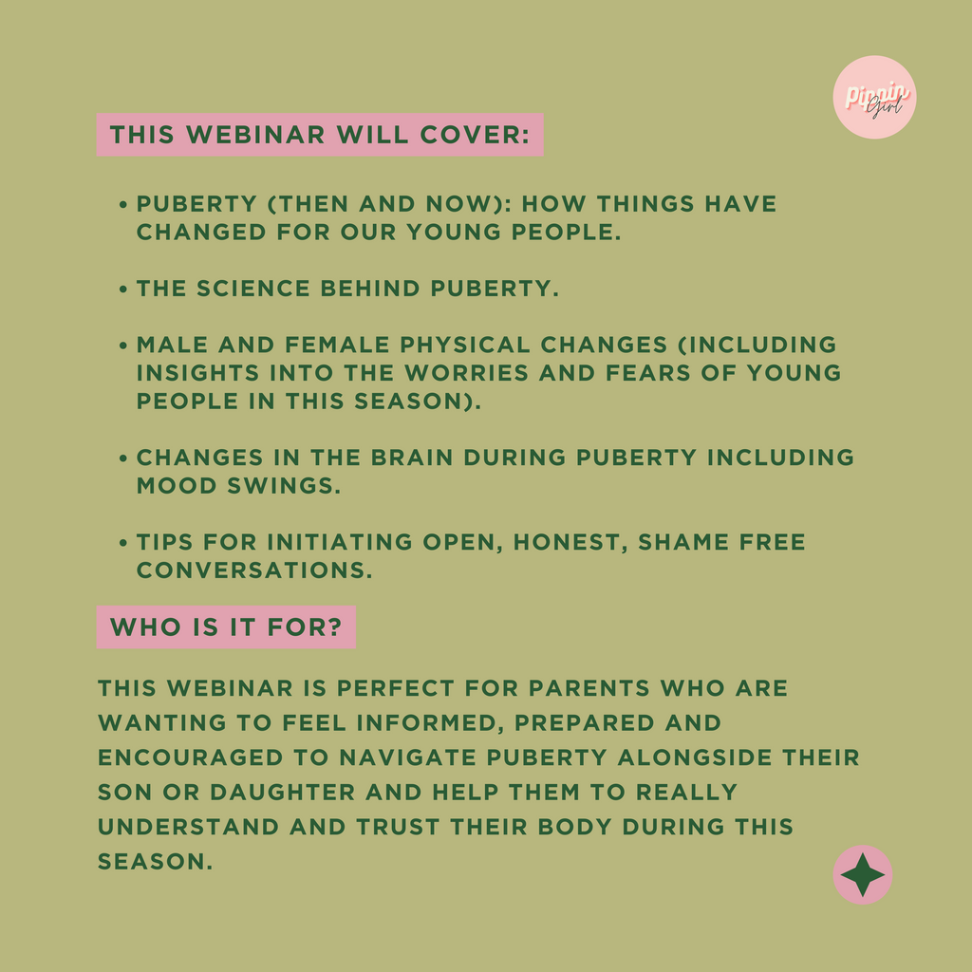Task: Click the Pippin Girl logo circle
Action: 874,98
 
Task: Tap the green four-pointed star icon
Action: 862,874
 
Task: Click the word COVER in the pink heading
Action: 471,135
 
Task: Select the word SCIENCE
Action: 252,289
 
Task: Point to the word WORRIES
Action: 466,372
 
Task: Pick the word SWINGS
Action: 283,486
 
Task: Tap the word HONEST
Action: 570,542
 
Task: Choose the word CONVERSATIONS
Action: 254,570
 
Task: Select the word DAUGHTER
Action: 282,793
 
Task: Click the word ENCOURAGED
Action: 190,757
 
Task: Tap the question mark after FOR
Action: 336,626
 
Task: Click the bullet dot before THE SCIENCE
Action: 123,289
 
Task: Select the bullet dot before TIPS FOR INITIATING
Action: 123,543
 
